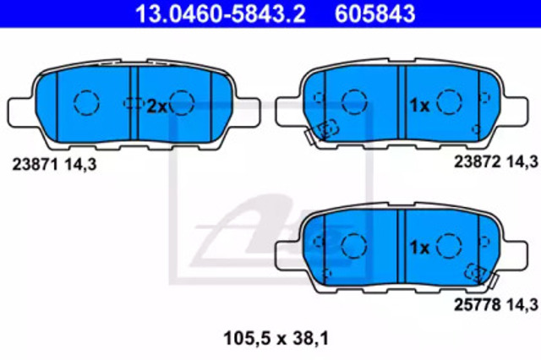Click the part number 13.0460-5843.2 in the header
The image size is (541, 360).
220,14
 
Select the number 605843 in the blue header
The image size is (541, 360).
375,14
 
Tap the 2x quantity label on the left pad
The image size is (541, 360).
157,106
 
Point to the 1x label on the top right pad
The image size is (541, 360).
419,105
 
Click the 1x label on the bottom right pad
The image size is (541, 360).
419,248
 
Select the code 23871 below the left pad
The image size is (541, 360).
35,165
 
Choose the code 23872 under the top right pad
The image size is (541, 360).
477,161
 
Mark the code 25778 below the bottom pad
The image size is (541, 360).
477,304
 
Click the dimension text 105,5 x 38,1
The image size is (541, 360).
276,338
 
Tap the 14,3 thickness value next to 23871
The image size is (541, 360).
80,165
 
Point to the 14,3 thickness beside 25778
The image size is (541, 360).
522,305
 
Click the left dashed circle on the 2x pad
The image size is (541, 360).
86,103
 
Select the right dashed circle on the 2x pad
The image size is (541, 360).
182,103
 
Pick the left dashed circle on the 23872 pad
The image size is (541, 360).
354,102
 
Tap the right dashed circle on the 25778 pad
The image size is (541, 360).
449,246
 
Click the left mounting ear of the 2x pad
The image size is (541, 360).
21,112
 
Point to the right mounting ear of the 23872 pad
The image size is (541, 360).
515,111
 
